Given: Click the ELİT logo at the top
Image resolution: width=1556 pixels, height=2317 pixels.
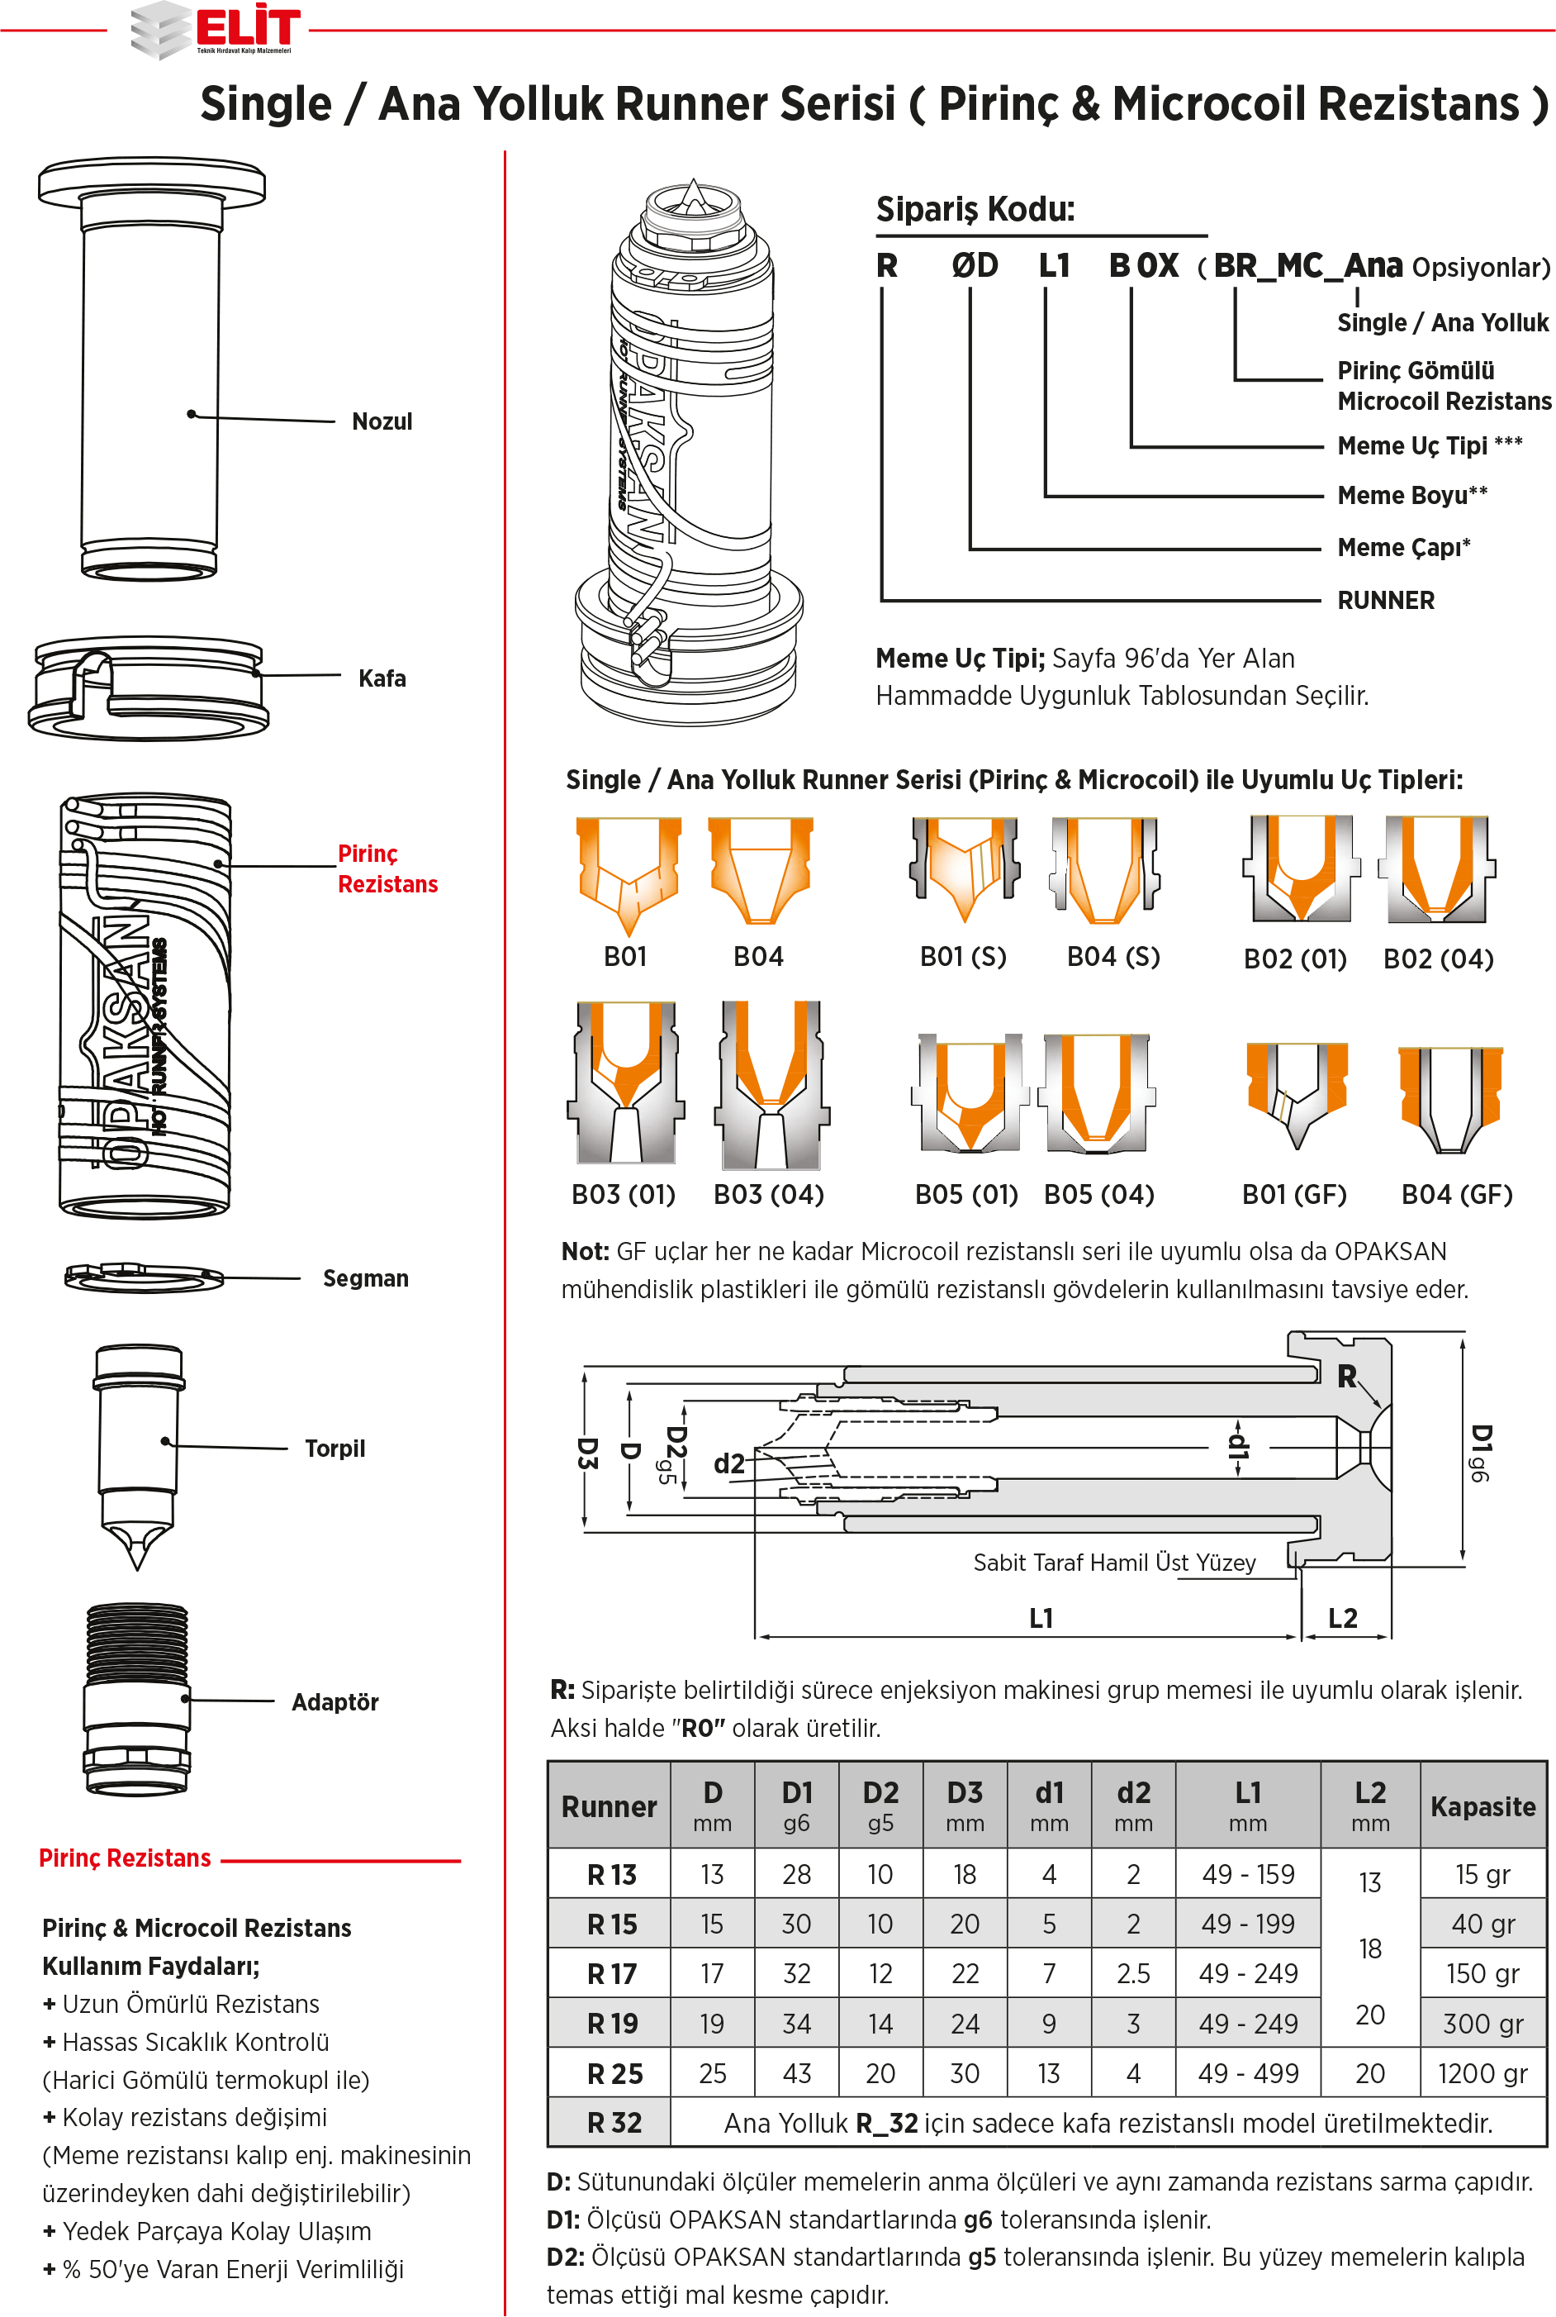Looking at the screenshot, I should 216,30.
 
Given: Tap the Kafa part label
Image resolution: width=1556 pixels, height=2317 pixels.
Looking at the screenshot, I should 382,678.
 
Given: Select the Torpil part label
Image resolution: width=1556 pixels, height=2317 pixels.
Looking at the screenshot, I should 334,1449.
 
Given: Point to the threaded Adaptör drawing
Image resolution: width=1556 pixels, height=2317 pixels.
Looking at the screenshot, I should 137,1699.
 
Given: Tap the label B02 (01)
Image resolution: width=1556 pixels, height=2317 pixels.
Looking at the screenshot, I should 1295,959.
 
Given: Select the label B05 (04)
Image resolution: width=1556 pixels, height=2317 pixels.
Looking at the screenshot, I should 1098,1194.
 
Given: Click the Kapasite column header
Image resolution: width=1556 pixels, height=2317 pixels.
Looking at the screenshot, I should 1482,1806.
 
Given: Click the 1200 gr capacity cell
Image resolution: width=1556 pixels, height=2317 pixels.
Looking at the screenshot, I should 1482,2074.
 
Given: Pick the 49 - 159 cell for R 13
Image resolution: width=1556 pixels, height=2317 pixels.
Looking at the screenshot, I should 1247,1874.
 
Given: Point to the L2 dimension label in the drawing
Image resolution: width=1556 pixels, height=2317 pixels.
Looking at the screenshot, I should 1343,1618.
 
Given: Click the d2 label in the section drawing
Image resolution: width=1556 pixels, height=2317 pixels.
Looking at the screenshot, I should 729,1463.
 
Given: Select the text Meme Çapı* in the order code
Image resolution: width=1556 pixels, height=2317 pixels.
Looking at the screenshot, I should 1403,547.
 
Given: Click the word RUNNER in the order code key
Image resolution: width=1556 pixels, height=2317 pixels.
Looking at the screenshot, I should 1385,601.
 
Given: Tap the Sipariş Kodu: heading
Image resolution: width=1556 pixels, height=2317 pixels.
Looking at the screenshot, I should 975,209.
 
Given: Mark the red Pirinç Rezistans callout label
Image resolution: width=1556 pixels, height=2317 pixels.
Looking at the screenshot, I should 387,868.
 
